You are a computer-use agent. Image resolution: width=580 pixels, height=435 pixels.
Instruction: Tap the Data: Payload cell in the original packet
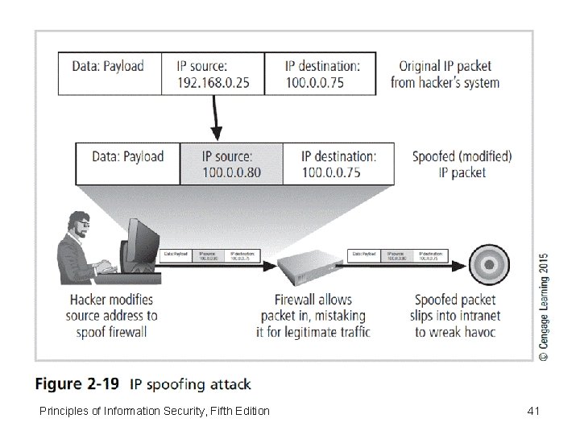click(x=108, y=66)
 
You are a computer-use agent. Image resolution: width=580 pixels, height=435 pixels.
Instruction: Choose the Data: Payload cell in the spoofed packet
click(x=127, y=156)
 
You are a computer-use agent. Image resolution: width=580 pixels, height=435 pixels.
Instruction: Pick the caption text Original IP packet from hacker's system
click(x=445, y=74)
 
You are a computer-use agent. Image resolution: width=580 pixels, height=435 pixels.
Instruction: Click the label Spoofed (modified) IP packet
click(x=462, y=164)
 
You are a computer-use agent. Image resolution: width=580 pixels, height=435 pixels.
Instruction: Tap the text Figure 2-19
click(x=80, y=384)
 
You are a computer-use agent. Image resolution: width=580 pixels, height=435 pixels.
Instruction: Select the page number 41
click(x=532, y=412)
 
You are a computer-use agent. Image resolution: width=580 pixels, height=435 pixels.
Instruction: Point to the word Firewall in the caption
click(x=287, y=299)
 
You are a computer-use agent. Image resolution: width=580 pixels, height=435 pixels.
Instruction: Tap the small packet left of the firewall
click(x=209, y=255)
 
